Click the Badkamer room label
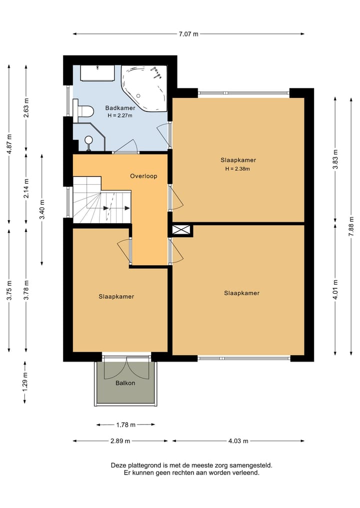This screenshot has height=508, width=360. [x=120, y=108]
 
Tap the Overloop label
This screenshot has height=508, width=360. [x=143, y=176]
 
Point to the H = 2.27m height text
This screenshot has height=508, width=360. [x=120, y=116]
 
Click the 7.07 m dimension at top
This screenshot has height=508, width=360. [x=188, y=34]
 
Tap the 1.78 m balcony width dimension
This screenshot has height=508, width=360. [x=125, y=425]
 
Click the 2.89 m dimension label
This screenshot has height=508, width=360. [x=120, y=441]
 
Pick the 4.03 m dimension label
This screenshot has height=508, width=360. [x=238, y=441]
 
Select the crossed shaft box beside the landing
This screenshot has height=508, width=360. [x=180, y=230]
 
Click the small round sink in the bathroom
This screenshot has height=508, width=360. [x=88, y=140]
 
